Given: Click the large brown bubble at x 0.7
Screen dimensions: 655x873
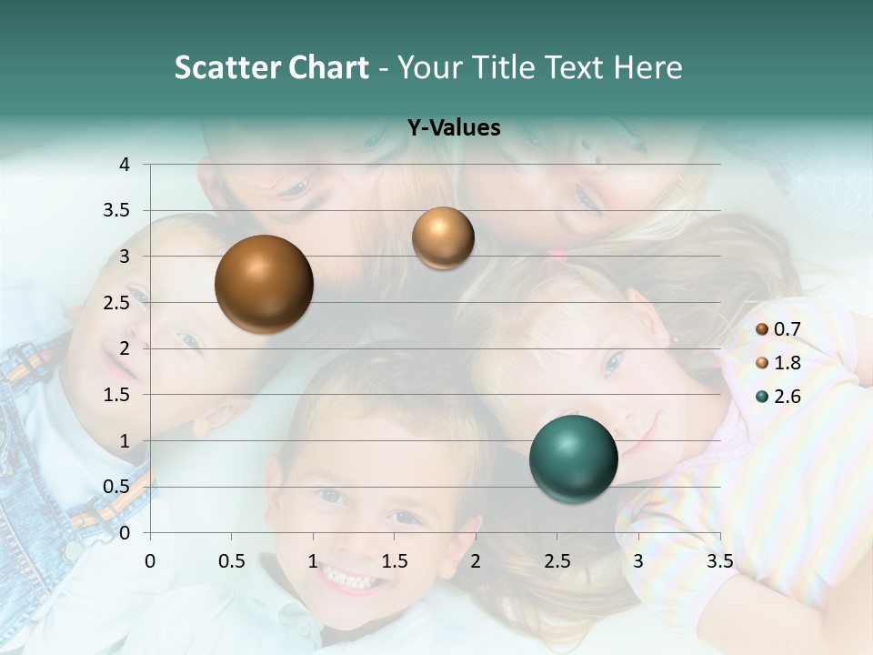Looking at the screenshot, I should pyautogui.click(x=264, y=284).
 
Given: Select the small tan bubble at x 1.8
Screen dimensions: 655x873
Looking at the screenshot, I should pyautogui.click(x=443, y=238).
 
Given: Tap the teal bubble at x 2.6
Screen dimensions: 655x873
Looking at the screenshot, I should pyautogui.click(x=573, y=458).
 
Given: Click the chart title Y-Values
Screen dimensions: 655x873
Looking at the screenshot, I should pyautogui.click(x=454, y=127).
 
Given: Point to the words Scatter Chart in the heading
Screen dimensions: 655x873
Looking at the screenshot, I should pyautogui.click(x=271, y=67).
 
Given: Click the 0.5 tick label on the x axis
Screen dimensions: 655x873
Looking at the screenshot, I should pyautogui.click(x=232, y=561).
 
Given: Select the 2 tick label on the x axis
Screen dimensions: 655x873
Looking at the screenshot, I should pyautogui.click(x=476, y=561).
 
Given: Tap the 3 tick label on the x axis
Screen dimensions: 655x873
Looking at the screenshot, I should pyautogui.click(x=638, y=561).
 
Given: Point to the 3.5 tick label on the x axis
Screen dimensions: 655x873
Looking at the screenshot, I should pyautogui.click(x=719, y=561).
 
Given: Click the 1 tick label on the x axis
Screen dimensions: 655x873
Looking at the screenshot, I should pyautogui.click(x=313, y=561).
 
